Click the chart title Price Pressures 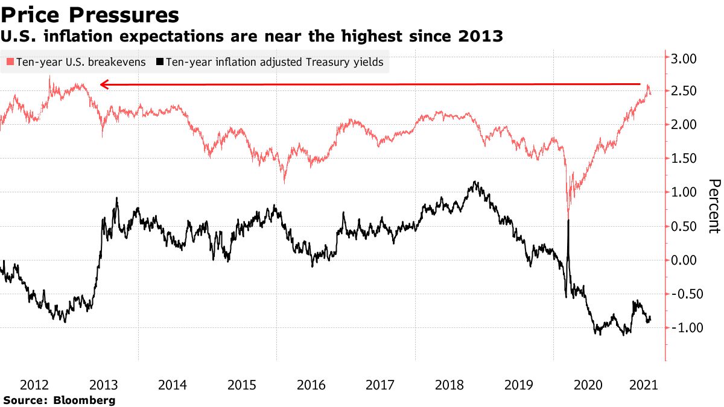click(x=90, y=14)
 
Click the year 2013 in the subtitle click(x=480, y=37)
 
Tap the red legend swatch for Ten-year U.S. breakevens click(x=10, y=62)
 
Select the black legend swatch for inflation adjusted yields click(x=160, y=62)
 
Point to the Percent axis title click(x=714, y=206)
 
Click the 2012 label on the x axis click(x=34, y=385)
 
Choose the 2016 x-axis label click(x=311, y=385)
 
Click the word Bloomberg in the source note click(x=84, y=400)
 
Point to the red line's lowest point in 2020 click(x=568, y=216)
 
